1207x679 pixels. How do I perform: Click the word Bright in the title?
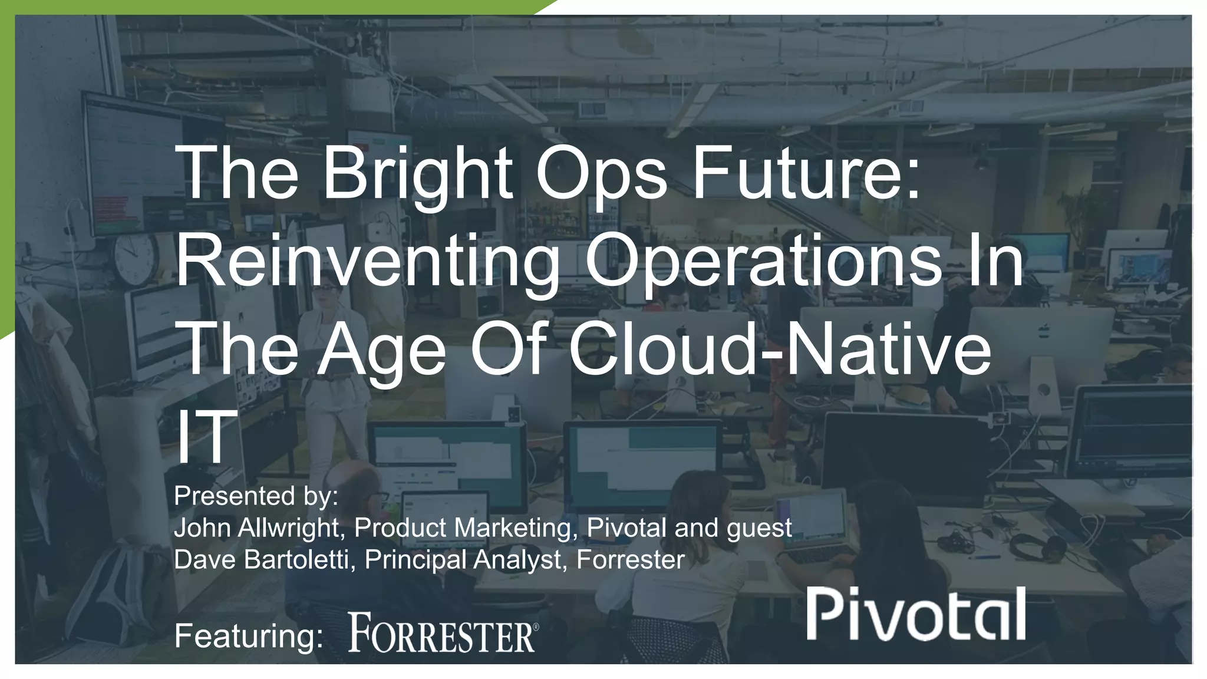[x=417, y=174]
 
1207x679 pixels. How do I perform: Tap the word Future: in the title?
[x=806, y=174]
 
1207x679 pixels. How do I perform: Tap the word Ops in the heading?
[x=601, y=174]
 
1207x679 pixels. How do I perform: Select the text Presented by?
[x=256, y=496]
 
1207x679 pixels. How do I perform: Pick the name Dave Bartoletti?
[x=261, y=559]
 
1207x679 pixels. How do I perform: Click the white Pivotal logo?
[x=916, y=615]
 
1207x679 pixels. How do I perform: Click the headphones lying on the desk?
[x=1037, y=547]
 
